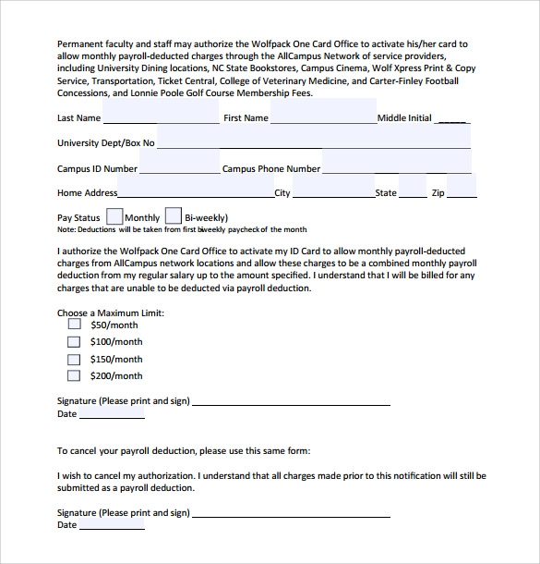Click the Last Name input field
(162, 116)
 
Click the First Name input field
(323, 116)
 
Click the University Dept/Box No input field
(314, 141)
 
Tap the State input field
(413, 191)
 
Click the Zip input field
(462, 191)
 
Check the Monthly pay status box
(115, 216)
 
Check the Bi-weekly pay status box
(174, 216)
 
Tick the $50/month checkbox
(75, 325)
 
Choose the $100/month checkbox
(75, 341)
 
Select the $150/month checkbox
(75, 359)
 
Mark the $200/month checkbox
(75, 375)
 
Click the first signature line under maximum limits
(291, 403)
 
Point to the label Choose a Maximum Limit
(111, 313)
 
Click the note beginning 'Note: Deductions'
(182, 229)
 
